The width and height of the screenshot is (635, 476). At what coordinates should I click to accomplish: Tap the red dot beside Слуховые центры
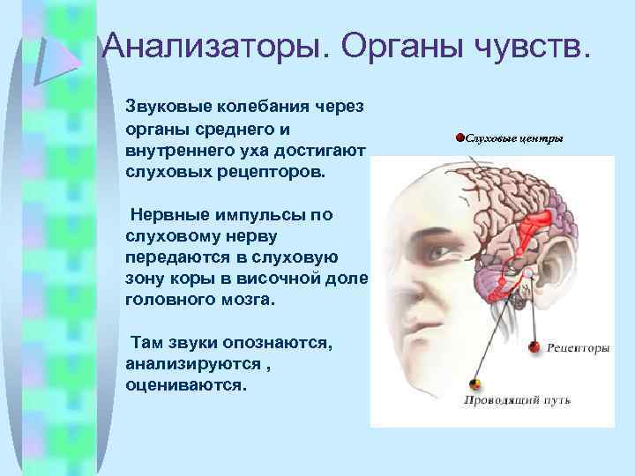tap(459, 138)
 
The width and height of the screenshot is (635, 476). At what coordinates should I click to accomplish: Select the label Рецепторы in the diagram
tap(579, 348)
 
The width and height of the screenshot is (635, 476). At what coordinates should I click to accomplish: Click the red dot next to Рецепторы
tap(534, 347)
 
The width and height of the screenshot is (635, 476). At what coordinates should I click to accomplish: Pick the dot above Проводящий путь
tap(475, 384)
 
